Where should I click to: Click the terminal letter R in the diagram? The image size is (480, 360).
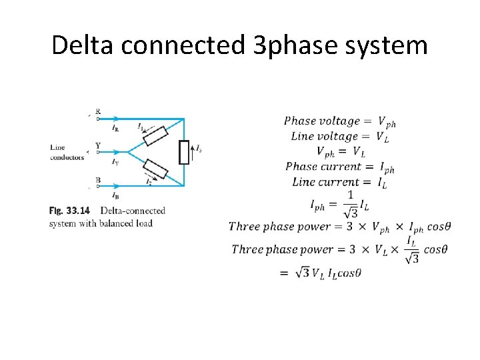coord(98,111)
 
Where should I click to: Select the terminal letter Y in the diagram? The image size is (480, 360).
coord(98,145)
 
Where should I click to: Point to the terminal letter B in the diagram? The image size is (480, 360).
coord(98,180)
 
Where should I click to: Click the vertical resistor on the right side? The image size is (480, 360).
coord(184,153)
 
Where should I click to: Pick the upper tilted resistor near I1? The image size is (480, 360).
coord(155,135)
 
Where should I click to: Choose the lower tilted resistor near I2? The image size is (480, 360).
coord(156,169)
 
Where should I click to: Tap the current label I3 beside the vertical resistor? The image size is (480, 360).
coord(198,149)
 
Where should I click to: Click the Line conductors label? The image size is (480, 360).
coord(67,153)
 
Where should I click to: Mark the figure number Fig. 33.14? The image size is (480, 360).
coord(69,211)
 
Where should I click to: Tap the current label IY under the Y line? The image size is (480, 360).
coord(115,161)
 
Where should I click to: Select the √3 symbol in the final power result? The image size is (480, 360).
coord(301,273)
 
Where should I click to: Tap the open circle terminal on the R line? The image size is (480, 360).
coord(98,119)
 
